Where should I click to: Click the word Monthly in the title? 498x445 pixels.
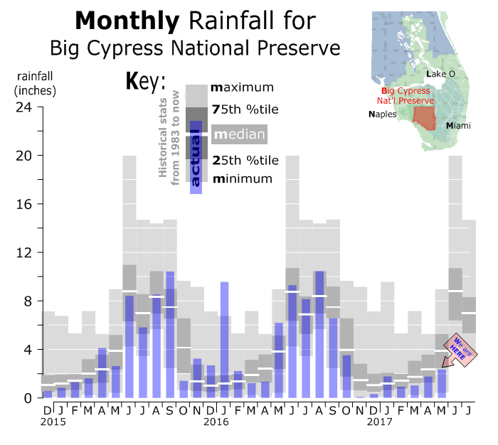[x=127, y=21]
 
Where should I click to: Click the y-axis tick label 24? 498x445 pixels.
[x=25, y=107]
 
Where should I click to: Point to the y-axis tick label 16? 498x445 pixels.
[x=25, y=205]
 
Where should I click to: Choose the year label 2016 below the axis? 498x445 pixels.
[x=216, y=422]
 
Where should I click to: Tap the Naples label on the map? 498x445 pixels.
[x=382, y=114]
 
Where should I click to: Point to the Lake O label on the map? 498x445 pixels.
[x=440, y=74]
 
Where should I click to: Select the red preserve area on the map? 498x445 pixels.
[x=425, y=115]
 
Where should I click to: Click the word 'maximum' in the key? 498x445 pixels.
[x=243, y=88]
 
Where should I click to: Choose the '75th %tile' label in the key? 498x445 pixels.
[x=245, y=109]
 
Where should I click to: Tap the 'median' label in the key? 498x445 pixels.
[x=240, y=134]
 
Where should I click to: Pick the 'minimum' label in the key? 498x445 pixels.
[x=242, y=178]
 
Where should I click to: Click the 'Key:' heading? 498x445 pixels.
[x=145, y=80]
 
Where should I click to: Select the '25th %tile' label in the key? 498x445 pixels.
[x=245, y=160]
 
